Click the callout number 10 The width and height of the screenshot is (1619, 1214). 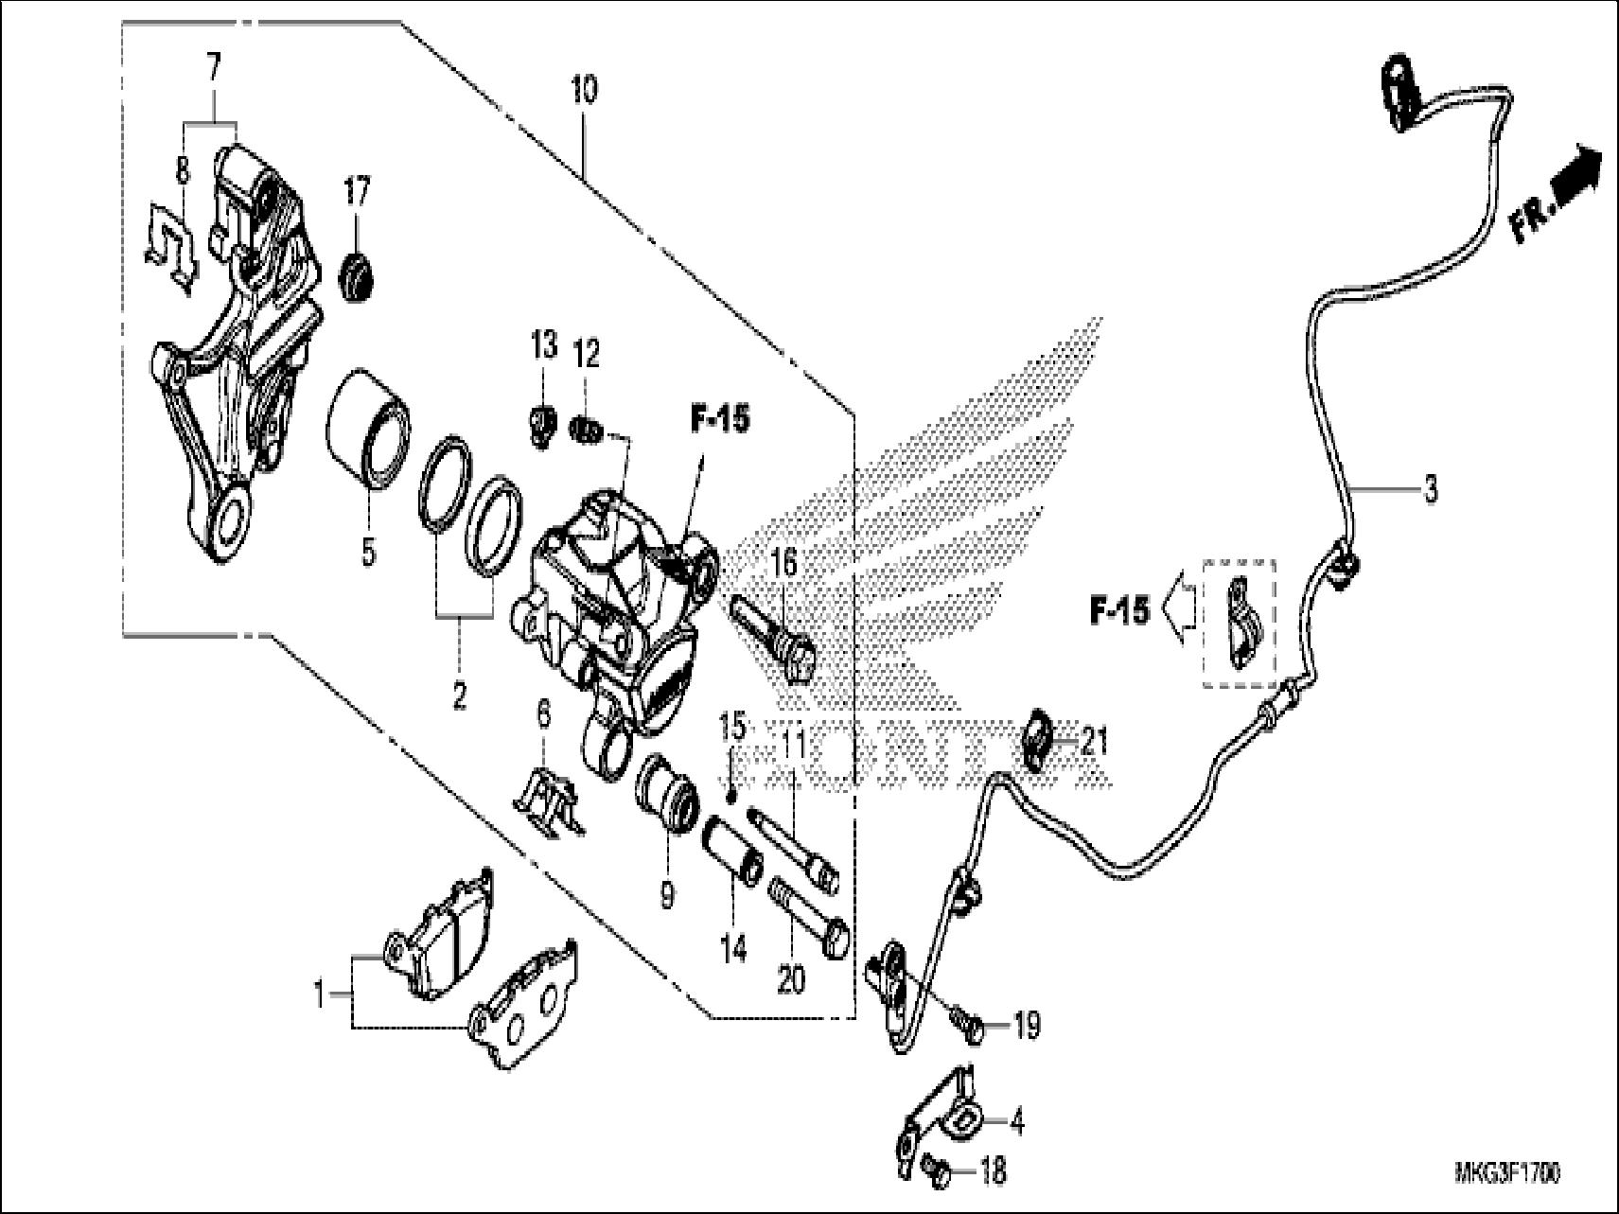tap(584, 92)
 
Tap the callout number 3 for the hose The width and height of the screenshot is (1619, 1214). tap(1431, 491)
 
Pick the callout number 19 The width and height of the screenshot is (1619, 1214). tap(1027, 1025)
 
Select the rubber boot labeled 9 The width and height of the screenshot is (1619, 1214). tap(667, 783)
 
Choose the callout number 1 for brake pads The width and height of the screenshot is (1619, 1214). tap(320, 995)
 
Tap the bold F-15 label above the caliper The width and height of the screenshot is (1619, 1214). tap(719, 420)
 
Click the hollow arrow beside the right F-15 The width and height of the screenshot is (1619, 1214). tap(1181, 611)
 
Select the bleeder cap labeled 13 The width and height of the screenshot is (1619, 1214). tap(540, 424)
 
